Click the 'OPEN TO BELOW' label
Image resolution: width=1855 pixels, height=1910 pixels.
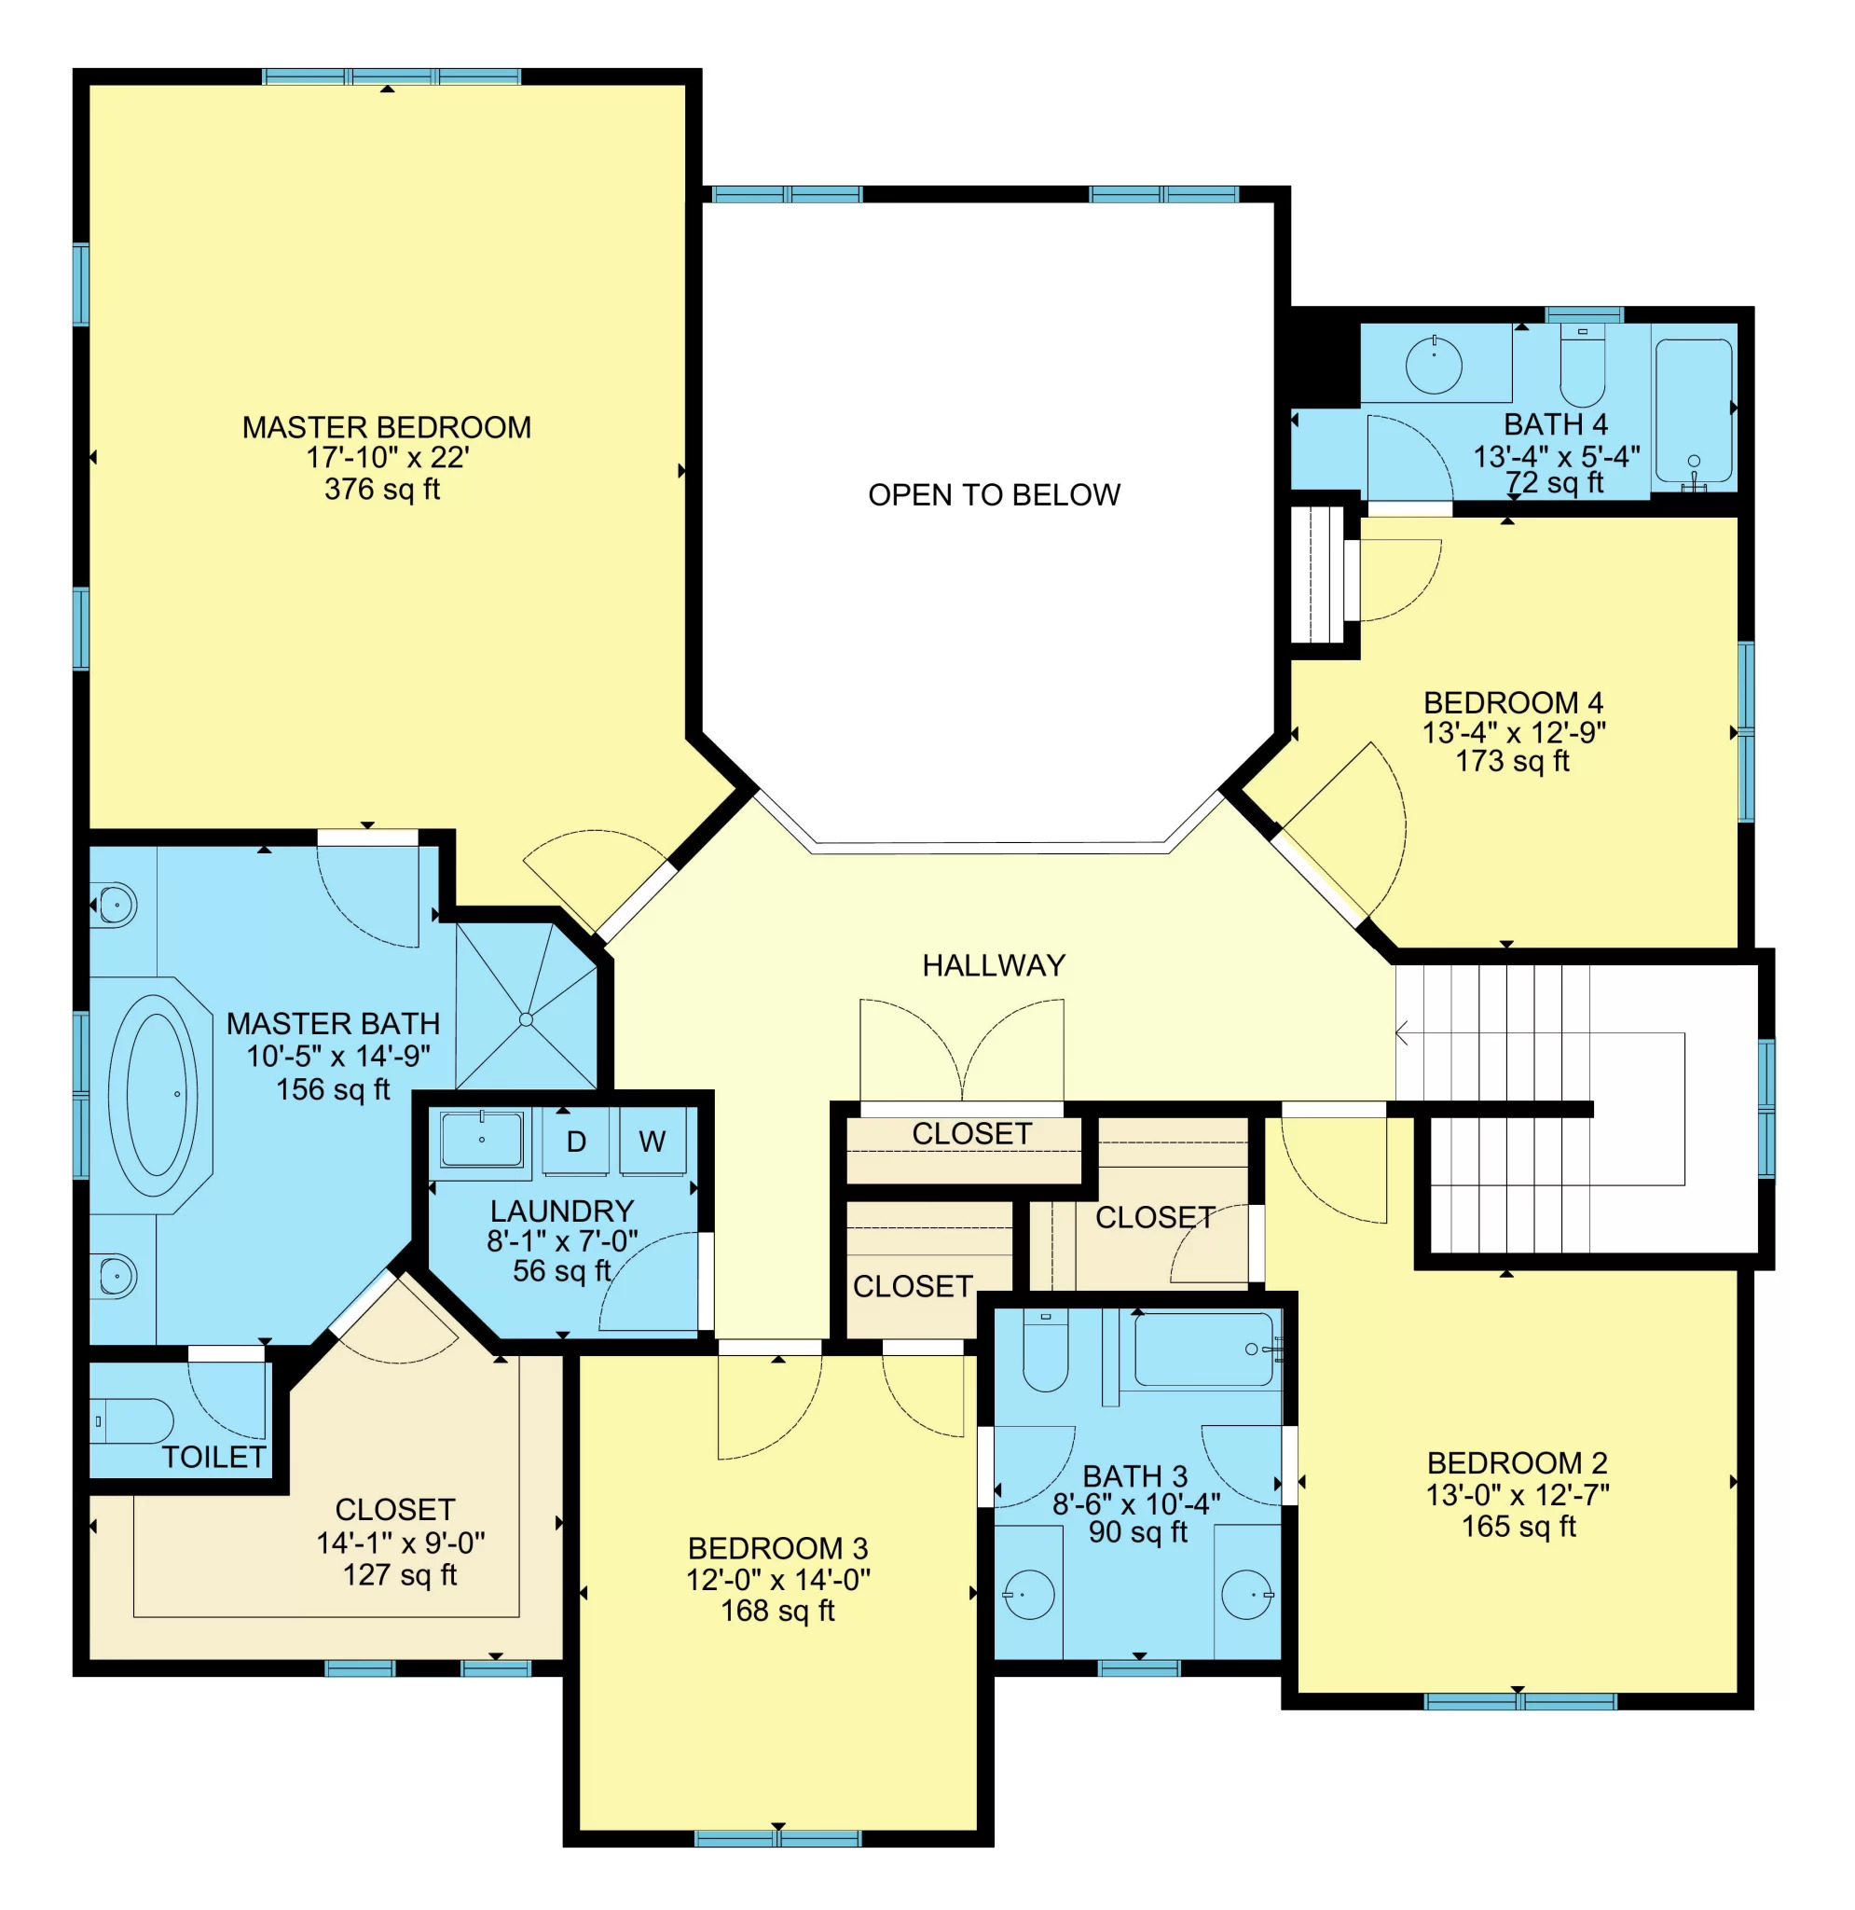[994, 495]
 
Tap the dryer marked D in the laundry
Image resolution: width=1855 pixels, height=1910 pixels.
[576, 1142]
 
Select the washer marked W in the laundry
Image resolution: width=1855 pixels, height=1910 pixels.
[652, 1142]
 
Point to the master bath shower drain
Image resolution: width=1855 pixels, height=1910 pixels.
[526, 1019]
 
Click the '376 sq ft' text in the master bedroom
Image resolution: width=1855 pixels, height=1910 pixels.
[382, 490]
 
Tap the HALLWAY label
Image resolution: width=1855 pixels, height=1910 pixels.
[994, 965]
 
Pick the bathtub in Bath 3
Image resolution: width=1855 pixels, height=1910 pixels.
[1203, 1349]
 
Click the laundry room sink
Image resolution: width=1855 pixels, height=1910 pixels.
[481, 1139]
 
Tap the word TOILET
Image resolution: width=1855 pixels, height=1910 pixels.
[213, 1457]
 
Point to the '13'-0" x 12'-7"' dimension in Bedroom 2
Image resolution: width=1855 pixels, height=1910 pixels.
[1517, 1495]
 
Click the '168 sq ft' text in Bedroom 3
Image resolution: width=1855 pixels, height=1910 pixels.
[777, 1611]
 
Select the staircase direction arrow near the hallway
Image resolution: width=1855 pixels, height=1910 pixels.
[1403, 1033]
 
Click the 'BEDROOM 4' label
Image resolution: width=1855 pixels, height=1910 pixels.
[1513, 702]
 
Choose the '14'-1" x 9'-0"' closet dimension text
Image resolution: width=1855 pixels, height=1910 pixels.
[401, 1543]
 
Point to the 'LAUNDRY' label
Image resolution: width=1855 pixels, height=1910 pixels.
[562, 1211]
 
